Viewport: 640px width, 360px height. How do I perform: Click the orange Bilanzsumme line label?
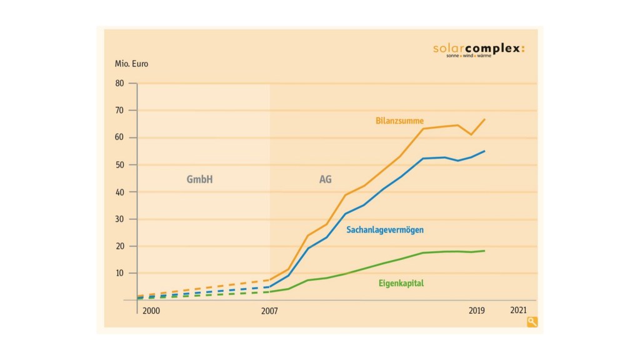399,120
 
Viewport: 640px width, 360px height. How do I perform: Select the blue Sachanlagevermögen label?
385,230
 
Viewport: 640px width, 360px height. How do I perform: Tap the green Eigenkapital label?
401,283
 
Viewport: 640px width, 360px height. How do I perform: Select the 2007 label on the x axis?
269,311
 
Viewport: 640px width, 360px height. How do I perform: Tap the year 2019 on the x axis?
477,311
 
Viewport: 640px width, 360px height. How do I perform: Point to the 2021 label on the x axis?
518,311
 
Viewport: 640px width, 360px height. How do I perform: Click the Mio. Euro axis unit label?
131,64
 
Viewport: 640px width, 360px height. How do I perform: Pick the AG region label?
325,179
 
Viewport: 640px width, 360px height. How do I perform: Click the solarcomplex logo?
478,48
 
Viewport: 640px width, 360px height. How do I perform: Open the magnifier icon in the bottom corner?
532,322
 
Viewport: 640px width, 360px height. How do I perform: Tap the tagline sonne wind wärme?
469,56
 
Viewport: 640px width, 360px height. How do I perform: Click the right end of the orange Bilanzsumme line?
485,119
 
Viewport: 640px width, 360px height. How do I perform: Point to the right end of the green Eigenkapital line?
485,251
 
